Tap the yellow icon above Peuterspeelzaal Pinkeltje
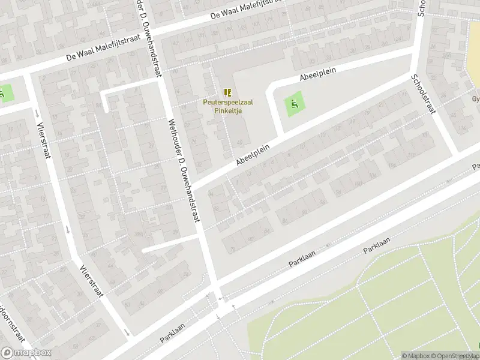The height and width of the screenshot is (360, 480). pos(227,92)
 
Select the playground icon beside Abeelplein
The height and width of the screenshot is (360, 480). pos(293,105)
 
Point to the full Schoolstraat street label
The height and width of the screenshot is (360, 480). pos(424,95)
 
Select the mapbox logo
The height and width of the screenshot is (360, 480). pos(25,353)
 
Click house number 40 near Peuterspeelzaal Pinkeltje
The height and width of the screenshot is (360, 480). pos(240,142)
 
